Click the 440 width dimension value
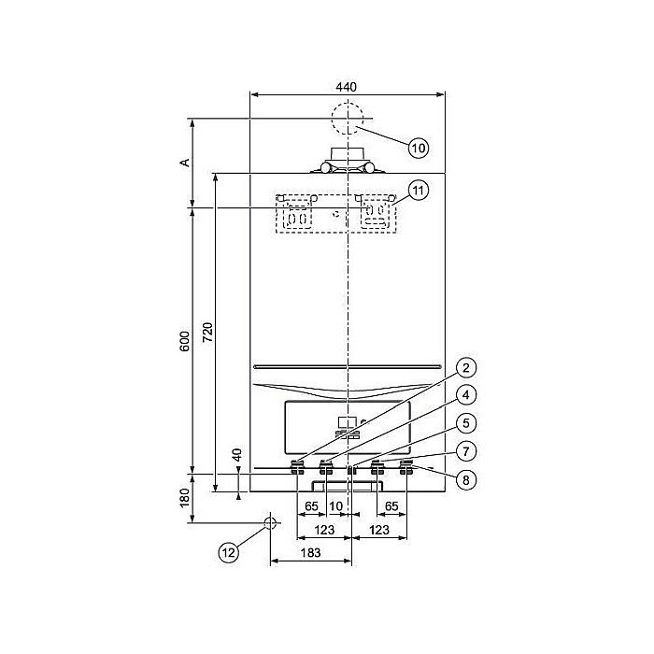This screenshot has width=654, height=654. tap(347, 86)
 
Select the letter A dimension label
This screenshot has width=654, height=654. tap(185, 163)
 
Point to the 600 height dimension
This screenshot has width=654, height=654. tap(185, 341)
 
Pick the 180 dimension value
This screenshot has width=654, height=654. tap(185, 498)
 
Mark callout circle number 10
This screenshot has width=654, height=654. tap(418, 146)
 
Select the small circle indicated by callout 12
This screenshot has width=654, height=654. tap(270, 523)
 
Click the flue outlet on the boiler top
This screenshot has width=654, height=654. tap(347, 161)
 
